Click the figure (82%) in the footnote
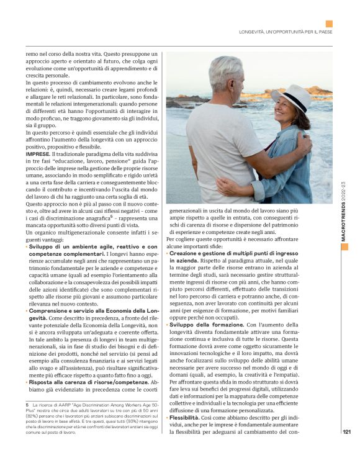[33, 415]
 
